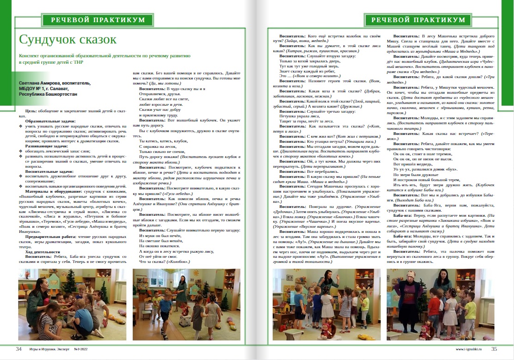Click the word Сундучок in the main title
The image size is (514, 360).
pyautogui.click(x=47, y=39)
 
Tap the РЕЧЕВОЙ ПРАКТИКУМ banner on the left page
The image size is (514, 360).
pyautogui.click(x=97, y=20)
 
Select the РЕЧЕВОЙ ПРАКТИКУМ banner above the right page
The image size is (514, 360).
pyautogui.click(x=418, y=20)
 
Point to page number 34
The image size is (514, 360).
pyautogui.click(x=18, y=349)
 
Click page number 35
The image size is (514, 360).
pyautogui.click(x=494, y=349)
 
